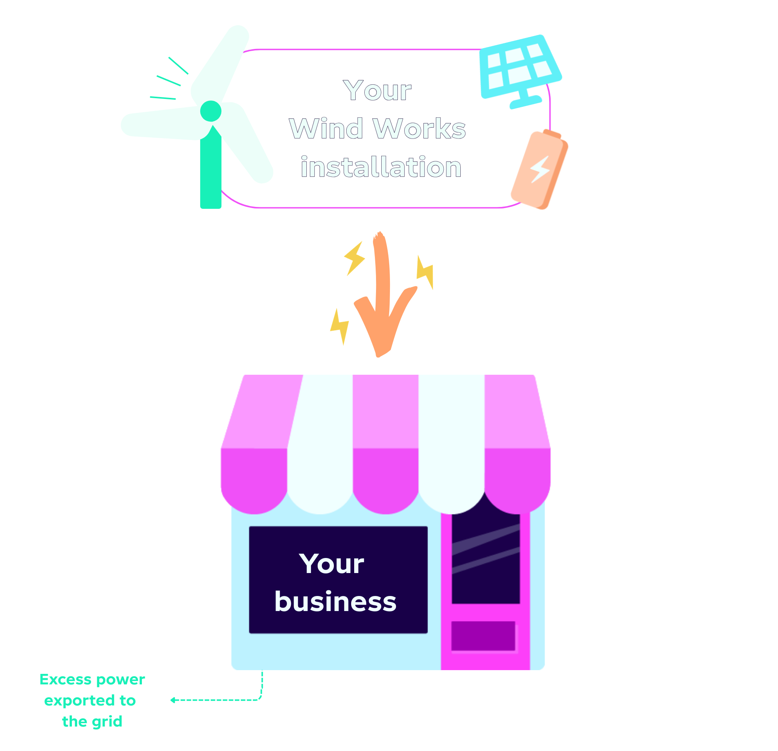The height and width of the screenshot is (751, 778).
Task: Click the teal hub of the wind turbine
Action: coord(210,111)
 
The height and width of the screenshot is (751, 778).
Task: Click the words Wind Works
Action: coord(377,129)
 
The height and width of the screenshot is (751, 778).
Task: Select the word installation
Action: coord(381,167)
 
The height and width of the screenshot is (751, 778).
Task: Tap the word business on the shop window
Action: coord(335,601)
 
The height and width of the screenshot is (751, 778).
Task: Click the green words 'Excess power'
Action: coord(92,679)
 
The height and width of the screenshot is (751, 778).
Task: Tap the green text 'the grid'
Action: coord(92,721)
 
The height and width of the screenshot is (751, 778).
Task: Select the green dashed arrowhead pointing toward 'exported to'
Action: coord(173,700)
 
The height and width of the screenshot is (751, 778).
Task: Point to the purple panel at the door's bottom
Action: coord(483,635)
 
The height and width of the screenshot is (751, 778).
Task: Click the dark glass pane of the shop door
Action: coord(486,559)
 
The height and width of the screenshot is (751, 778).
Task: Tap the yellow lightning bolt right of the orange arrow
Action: coord(425,272)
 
